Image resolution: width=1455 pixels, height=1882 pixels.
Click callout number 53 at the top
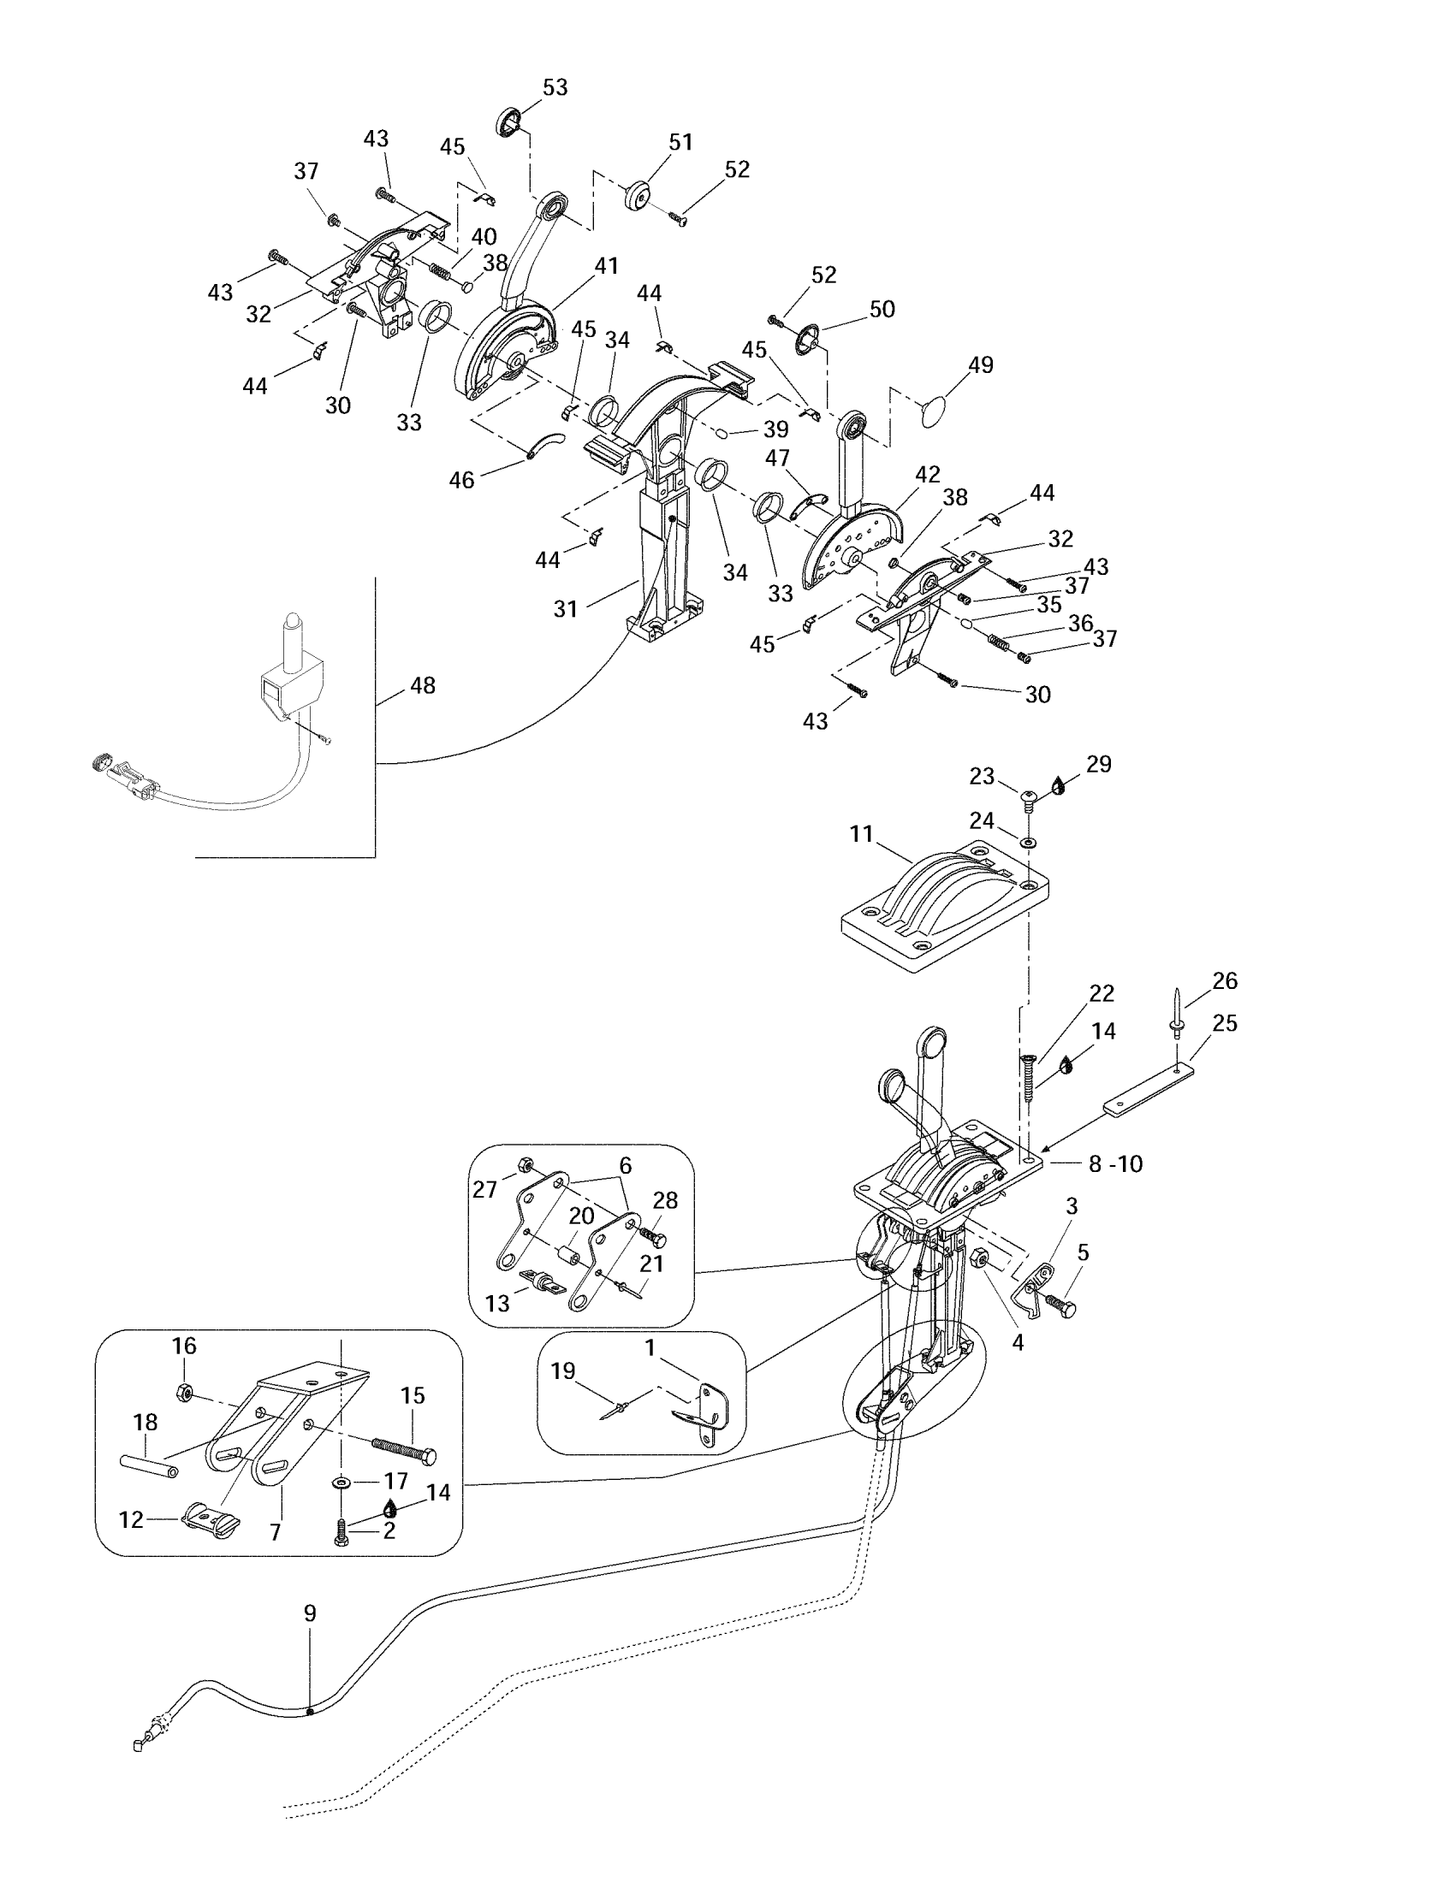coord(555,88)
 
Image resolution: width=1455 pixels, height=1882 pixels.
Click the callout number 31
coord(566,609)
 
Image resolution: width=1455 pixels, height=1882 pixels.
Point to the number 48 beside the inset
coord(422,686)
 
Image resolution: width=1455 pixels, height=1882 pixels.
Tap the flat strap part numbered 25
coord(1149,1090)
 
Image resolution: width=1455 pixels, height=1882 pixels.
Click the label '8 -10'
coord(1115,1164)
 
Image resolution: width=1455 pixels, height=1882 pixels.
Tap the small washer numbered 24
coord(1027,840)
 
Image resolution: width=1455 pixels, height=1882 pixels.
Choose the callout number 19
coord(563,1371)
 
